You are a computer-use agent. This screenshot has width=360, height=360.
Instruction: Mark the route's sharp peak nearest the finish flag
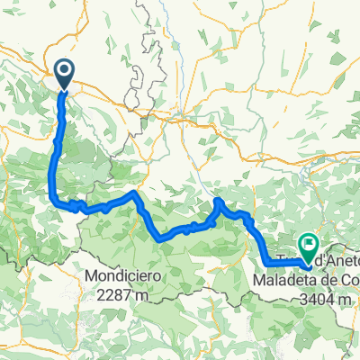click(x=219, y=200)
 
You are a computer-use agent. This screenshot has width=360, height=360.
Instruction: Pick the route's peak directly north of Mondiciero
click(x=134, y=193)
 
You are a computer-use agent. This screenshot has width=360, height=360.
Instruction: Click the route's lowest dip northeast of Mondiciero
click(x=161, y=239)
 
